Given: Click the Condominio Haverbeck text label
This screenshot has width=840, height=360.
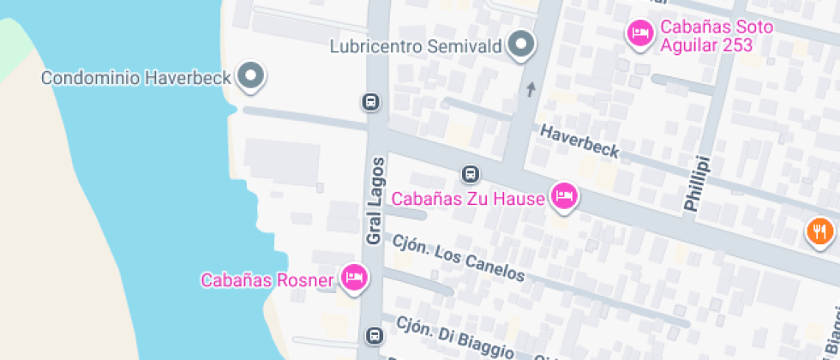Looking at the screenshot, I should click(x=136, y=78).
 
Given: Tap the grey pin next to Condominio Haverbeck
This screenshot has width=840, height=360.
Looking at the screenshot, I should click(x=251, y=75).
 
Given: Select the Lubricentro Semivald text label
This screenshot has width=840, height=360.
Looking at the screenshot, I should click(x=417, y=45).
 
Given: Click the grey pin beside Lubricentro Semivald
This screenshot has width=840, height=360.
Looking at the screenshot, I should click(x=520, y=44).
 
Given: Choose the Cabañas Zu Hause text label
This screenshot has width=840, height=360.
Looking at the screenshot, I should click(x=468, y=199).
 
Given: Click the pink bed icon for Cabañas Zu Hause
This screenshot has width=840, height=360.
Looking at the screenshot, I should click(x=563, y=197).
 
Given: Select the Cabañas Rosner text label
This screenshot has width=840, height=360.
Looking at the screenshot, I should click(x=267, y=279).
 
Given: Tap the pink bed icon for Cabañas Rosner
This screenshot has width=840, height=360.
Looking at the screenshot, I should click(x=354, y=277).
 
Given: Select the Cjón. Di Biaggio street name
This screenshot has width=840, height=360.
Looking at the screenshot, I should click(x=454, y=336).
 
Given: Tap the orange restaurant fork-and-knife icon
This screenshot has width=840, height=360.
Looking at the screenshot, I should click(x=819, y=231).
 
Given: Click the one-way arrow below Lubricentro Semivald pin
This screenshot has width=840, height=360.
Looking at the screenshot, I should click(x=531, y=89).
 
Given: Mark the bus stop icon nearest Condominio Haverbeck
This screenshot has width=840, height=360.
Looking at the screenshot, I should click(x=370, y=102).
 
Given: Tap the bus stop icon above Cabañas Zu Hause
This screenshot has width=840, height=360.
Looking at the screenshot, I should click(x=470, y=174).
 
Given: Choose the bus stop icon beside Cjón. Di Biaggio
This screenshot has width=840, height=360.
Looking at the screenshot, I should click(x=374, y=334).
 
